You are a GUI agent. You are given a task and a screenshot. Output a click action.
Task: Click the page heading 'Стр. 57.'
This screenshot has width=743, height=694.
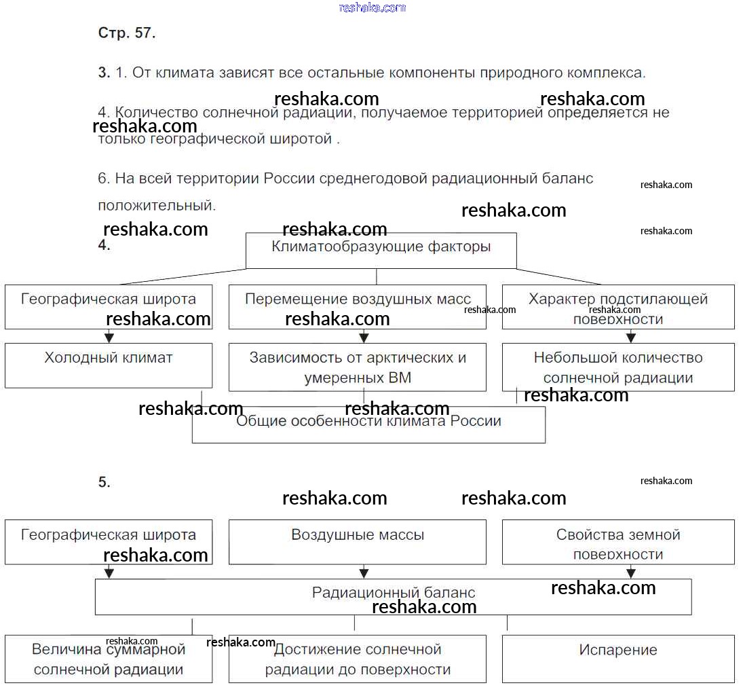pyautogui.click(x=127, y=33)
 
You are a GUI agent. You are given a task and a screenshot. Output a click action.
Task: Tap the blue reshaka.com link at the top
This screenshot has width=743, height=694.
pyautogui.click(x=372, y=7)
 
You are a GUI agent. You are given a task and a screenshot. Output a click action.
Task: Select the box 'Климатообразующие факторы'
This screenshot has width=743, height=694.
pyautogui.click(x=381, y=250)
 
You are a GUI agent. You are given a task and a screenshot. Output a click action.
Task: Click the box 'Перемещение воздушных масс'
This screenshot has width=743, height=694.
pyautogui.click(x=357, y=306)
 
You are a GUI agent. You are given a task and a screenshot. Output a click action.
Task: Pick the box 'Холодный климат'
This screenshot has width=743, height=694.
pyautogui.click(x=109, y=365)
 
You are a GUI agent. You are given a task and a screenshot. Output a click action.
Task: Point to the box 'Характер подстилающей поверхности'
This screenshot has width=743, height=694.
pyautogui.click(x=617, y=307)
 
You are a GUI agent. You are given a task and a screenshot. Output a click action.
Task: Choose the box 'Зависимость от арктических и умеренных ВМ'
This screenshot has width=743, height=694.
pyautogui.click(x=357, y=367)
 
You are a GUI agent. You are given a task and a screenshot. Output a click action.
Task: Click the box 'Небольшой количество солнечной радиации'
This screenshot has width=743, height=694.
pyautogui.click(x=617, y=367)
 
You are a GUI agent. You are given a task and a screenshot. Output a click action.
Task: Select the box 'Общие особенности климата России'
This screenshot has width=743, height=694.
pyautogui.click(x=368, y=425)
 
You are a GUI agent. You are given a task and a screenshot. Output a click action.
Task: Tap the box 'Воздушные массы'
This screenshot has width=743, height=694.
pyautogui.click(x=357, y=541)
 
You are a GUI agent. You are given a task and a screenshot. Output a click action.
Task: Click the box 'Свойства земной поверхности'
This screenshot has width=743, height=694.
pyautogui.click(x=617, y=541)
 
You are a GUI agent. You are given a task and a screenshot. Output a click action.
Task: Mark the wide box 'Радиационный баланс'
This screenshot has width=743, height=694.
pyautogui.click(x=393, y=596)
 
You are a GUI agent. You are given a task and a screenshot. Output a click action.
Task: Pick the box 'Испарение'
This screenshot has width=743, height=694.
pyautogui.click(x=617, y=658)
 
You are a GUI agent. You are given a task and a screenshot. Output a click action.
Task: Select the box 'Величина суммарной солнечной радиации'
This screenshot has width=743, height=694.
pyautogui.click(x=109, y=659)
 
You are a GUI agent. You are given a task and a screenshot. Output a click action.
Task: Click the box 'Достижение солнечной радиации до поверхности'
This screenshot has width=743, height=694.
pyautogui.click(x=357, y=659)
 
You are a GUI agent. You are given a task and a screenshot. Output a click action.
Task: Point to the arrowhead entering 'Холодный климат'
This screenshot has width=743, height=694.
pyautogui.click(x=109, y=337)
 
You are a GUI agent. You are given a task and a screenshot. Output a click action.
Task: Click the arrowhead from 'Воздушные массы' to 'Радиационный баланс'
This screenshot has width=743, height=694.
pyautogui.click(x=364, y=573)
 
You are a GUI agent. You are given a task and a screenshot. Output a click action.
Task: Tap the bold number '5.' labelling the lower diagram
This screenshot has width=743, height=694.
pyautogui.click(x=104, y=482)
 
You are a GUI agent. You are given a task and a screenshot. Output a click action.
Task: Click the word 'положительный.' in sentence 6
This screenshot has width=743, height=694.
pyautogui.click(x=157, y=204)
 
